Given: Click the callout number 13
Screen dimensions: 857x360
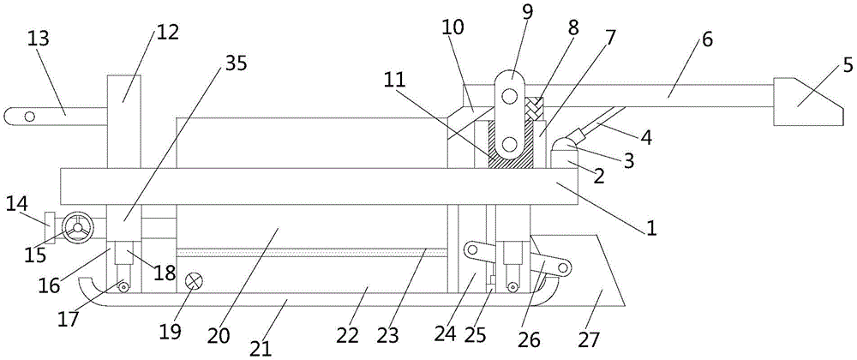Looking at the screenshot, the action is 38,39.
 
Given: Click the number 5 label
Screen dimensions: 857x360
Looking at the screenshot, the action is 848,66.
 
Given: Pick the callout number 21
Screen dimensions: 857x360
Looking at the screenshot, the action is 261,348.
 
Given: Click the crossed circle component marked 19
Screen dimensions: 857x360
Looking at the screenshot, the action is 193,281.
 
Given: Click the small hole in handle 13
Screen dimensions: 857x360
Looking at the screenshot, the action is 29,117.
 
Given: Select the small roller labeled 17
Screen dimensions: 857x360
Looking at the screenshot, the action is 124,286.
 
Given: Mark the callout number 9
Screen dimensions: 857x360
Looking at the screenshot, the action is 527,10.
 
